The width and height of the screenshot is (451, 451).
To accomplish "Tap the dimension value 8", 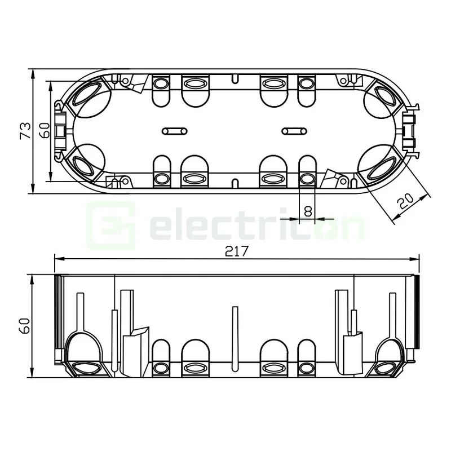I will click(307, 211).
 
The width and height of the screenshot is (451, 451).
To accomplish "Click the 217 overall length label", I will click(237, 251).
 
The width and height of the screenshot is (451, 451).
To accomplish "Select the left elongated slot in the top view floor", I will click(173, 131).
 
